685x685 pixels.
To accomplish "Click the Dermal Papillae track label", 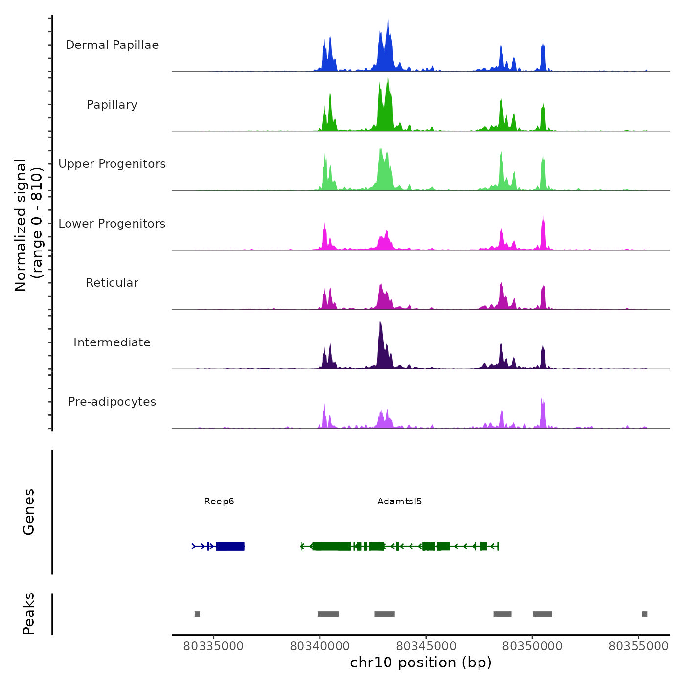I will pyautogui.click(x=112, y=45).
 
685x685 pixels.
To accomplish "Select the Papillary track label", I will pyautogui.click(x=112, y=105).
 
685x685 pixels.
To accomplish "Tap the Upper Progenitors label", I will pyautogui.click(x=112, y=164).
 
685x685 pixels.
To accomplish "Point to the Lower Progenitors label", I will pyautogui.click(x=112, y=224).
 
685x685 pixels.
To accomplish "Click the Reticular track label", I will pyautogui.click(x=112, y=283).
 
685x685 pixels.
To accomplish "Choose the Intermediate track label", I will pyautogui.click(x=112, y=342).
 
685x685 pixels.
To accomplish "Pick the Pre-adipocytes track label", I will pyautogui.click(x=112, y=402).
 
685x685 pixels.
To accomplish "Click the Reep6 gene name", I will pyautogui.click(x=219, y=502).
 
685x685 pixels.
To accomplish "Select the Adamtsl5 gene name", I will pyautogui.click(x=399, y=502).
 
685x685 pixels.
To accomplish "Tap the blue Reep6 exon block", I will pyautogui.click(x=230, y=546).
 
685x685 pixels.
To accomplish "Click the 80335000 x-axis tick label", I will pyautogui.click(x=213, y=646).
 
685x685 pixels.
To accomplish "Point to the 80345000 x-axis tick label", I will pyautogui.click(x=426, y=646).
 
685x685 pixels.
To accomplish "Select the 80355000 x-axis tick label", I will pyautogui.click(x=639, y=646).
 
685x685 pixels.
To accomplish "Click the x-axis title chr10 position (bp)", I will pyautogui.click(x=421, y=662).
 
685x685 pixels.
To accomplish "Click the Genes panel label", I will pyautogui.click(x=29, y=512).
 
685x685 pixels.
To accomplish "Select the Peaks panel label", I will pyautogui.click(x=29, y=614).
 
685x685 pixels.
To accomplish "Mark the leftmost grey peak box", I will pyautogui.click(x=197, y=614).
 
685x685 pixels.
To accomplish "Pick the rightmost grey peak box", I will pyautogui.click(x=645, y=614).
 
